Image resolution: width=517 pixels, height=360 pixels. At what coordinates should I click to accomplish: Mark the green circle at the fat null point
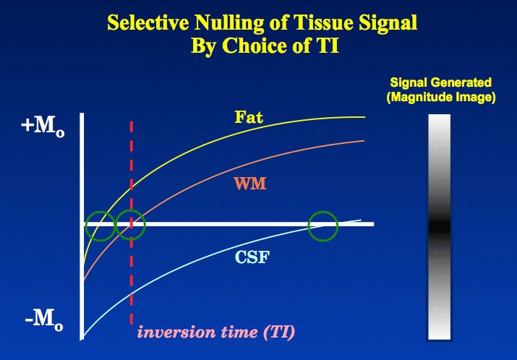click(x=100, y=226)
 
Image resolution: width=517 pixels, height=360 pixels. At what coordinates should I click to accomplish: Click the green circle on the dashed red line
click(x=131, y=226)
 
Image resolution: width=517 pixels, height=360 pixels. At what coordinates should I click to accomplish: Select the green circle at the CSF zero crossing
click(x=322, y=226)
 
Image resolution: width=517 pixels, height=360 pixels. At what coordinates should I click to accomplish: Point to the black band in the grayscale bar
click(x=440, y=226)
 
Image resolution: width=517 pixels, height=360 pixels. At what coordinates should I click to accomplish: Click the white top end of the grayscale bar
click(x=440, y=124)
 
